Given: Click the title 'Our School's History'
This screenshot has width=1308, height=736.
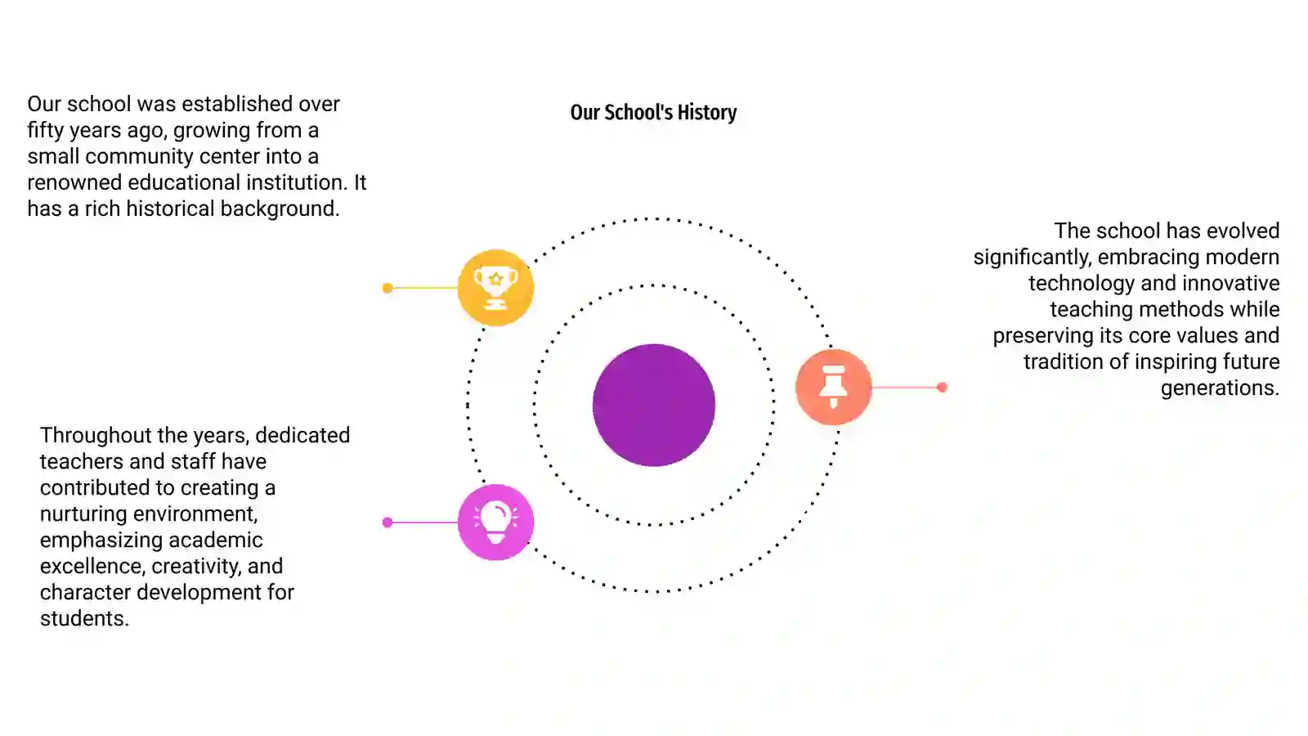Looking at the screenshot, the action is (x=653, y=112).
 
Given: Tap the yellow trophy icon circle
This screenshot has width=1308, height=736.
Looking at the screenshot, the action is (x=495, y=287).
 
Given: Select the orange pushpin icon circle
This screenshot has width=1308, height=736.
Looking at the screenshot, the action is (x=833, y=387).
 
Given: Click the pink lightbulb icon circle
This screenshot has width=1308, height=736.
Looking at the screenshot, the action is (x=495, y=523).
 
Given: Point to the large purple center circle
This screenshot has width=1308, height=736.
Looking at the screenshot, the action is (x=654, y=405).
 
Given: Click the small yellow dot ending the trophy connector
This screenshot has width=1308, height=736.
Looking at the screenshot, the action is (x=387, y=288).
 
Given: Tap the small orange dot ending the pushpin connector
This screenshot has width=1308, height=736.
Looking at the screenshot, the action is (x=942, y=387).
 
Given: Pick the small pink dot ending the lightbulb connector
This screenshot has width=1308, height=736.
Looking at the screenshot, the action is (x=387, y=523).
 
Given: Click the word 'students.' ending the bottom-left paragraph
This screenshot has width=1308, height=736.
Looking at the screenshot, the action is (x=84, y=618).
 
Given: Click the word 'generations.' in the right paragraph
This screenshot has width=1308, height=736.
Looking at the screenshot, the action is (x=1220, y=388).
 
